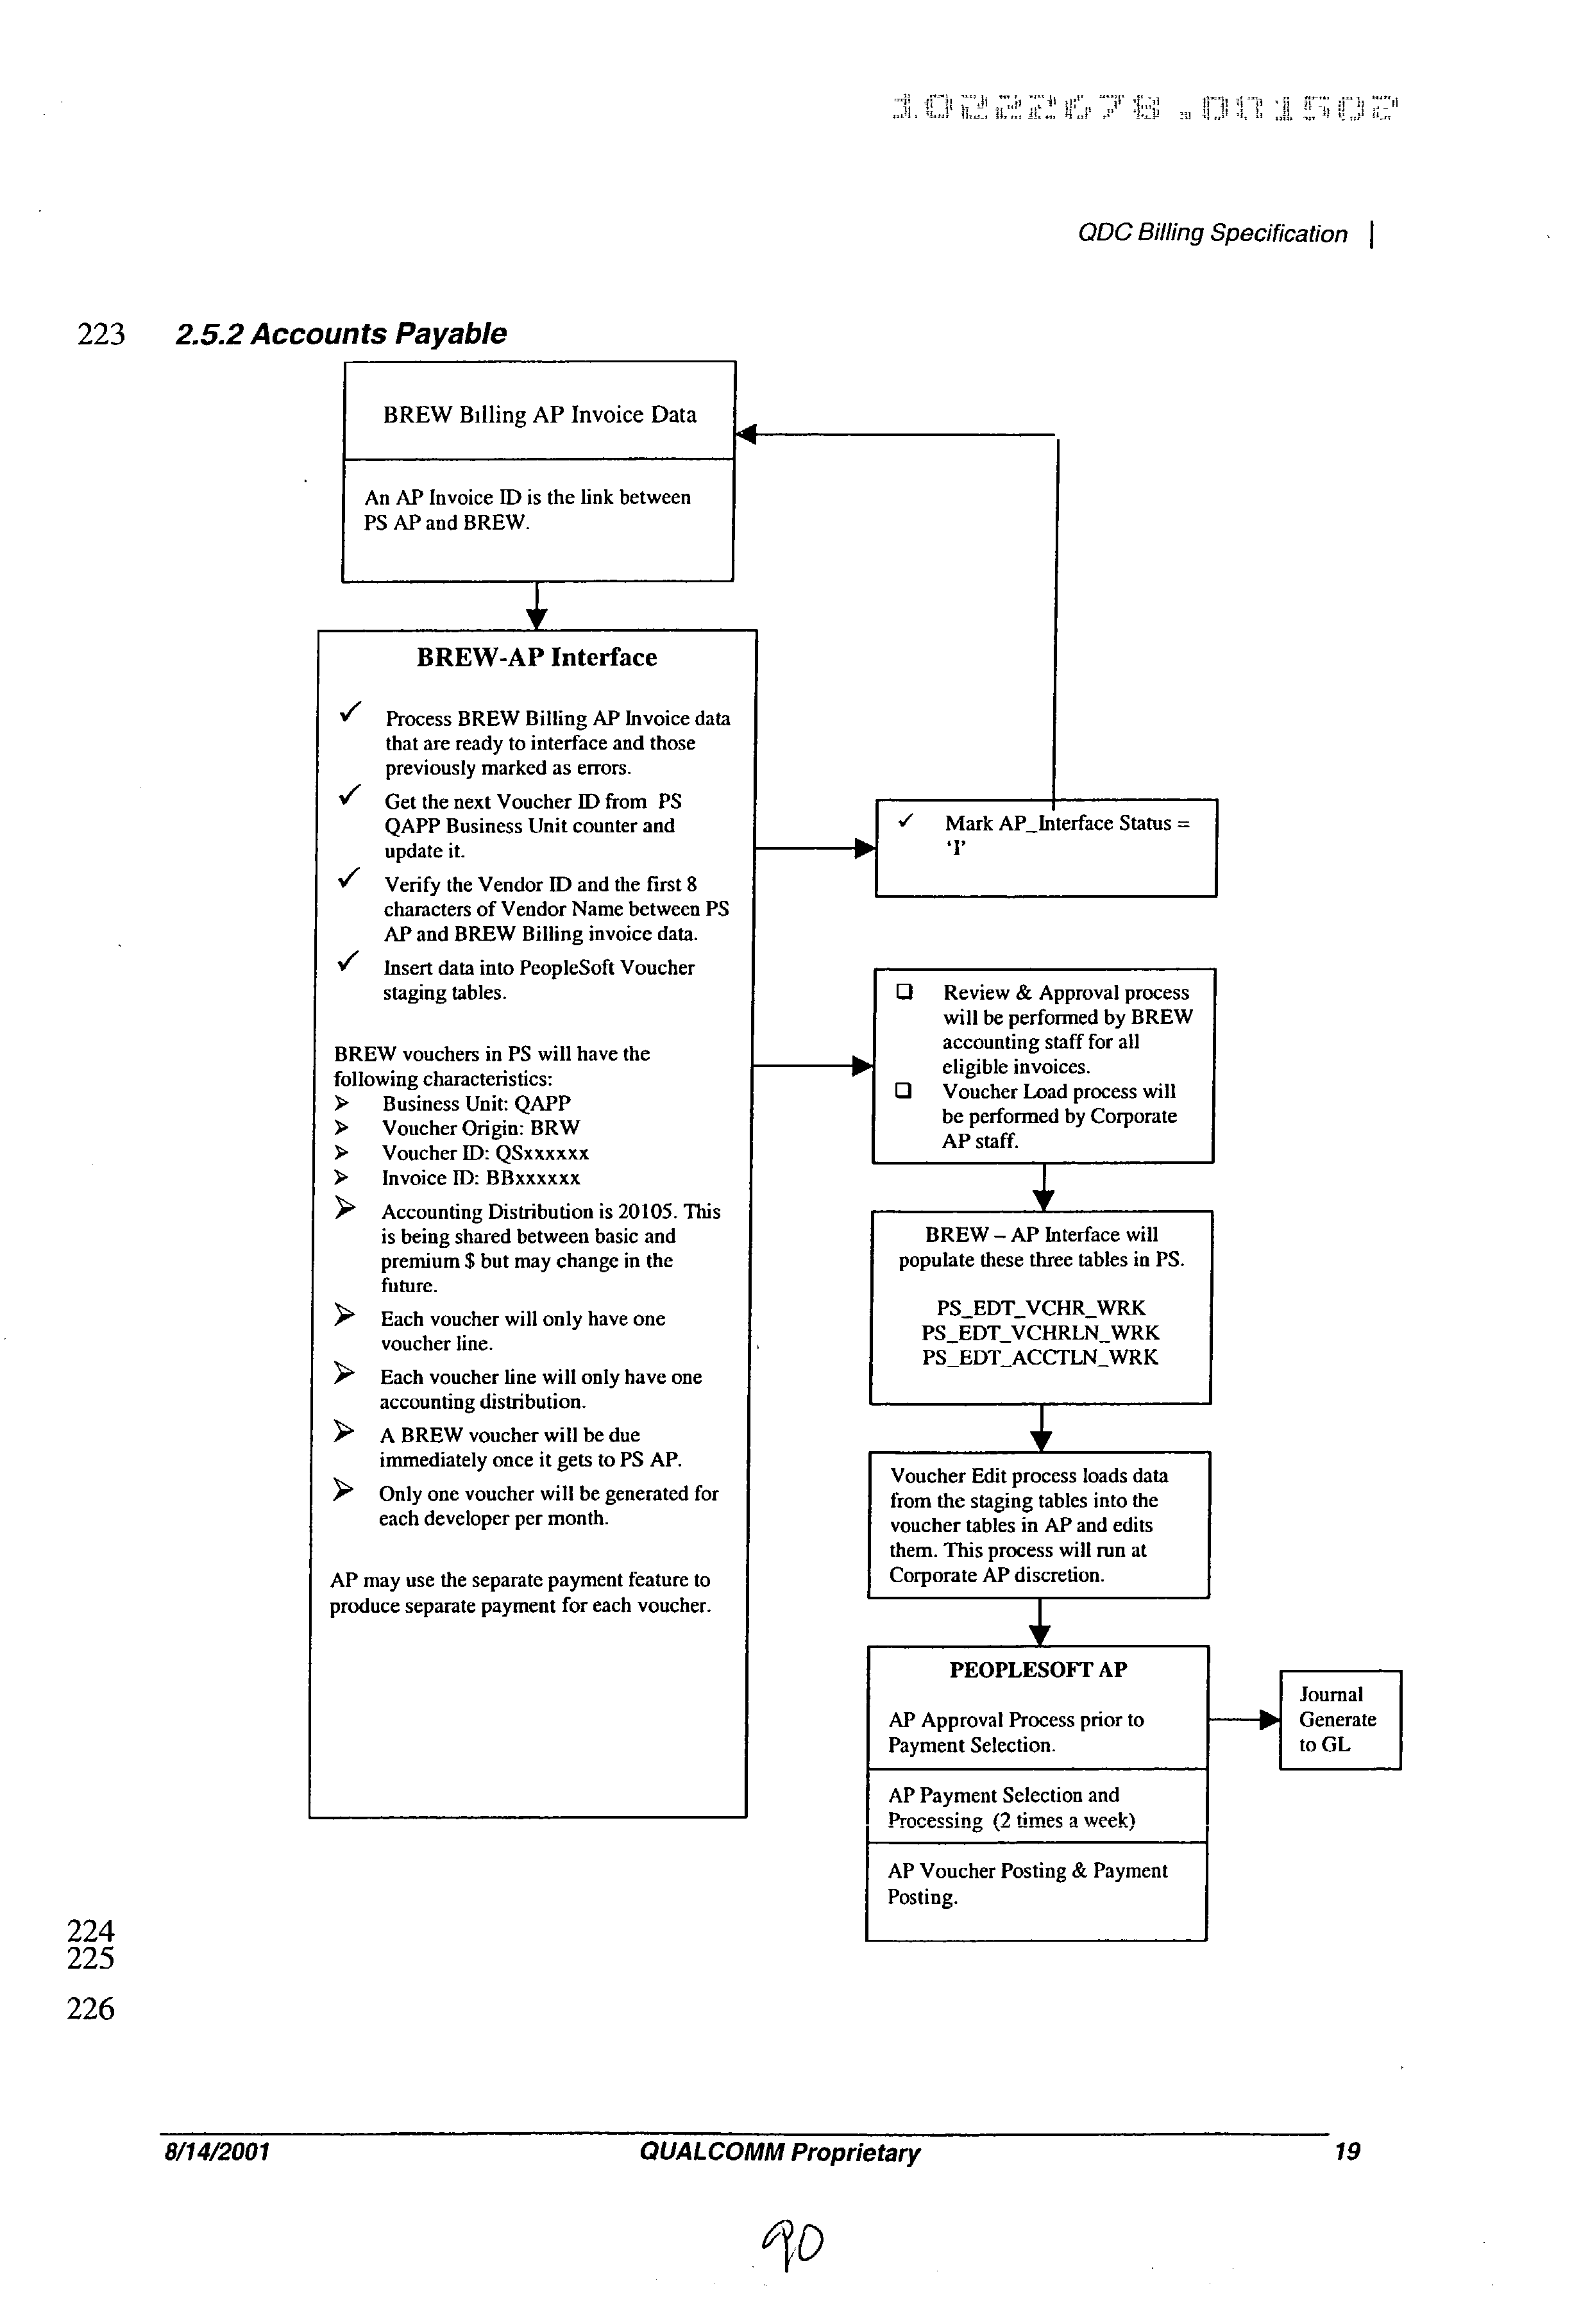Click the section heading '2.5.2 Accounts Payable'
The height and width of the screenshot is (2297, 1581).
340,334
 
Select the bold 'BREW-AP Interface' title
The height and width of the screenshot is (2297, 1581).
536,658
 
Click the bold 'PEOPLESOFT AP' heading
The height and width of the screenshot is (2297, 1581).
1037,1670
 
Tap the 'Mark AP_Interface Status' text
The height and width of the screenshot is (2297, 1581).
1066,824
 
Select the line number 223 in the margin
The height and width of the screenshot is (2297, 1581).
101,335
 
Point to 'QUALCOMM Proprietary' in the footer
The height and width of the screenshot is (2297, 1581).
780,2152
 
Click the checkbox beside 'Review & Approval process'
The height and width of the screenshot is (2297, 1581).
904,991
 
